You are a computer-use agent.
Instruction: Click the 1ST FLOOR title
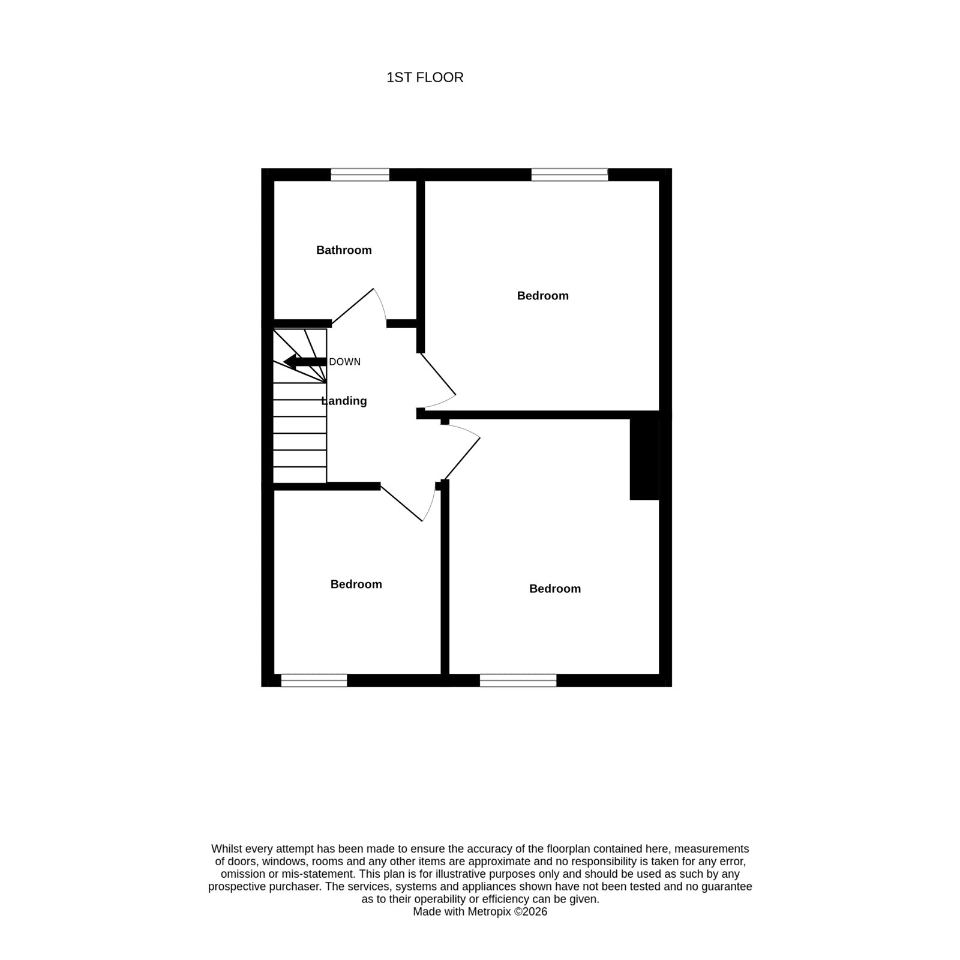point(425,77)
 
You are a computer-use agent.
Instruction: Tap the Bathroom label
point(344,250)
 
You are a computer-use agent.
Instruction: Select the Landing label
point(344,401)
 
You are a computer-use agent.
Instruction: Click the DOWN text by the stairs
point(345,362)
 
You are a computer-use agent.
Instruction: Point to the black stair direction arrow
point(305,362)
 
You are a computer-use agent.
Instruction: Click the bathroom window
point(360,175)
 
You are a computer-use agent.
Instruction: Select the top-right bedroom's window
point(569,175)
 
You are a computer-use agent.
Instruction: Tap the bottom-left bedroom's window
point(314,680)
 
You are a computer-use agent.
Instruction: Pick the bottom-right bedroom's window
point(518,680)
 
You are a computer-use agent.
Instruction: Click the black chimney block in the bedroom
point(644,459)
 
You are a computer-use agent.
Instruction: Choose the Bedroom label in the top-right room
point(543,296)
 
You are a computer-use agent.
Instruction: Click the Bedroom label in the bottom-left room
point(356,584)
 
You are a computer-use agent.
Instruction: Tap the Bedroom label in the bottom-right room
point(555,589)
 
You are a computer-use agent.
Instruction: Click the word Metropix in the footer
point(487,928)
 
